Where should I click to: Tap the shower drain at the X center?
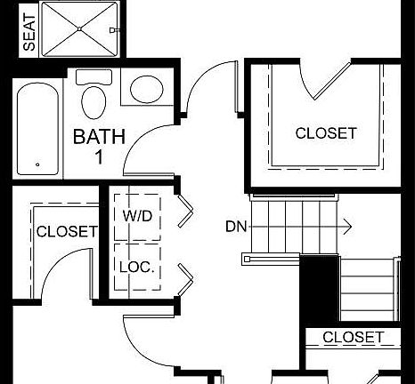[x=79, y=28]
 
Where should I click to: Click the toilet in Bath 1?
[x=93, y=101]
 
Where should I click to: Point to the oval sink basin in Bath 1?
[x=147, y=90]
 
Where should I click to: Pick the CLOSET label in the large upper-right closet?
[x=326, y=133]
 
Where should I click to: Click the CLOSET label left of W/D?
[x=66, y=232]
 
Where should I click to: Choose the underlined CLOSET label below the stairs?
[x=353, y=337]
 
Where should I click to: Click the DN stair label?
[x=236, y=227]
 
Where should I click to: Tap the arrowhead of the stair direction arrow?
[x=347, y=227]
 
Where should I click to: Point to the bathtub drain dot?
[x=37, y=164]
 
